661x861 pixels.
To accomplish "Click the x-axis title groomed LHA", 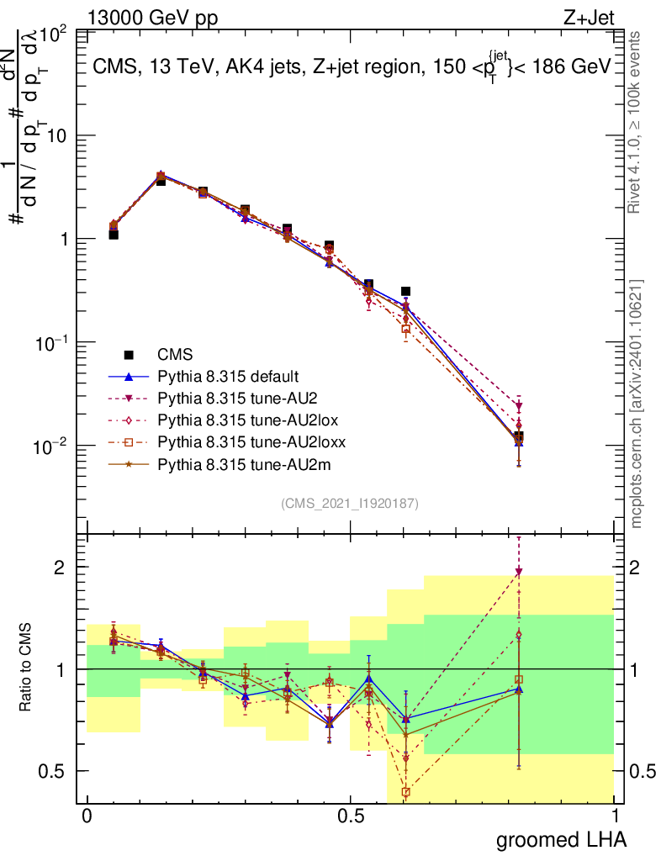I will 562,839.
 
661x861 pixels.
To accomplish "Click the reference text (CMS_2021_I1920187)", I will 350,503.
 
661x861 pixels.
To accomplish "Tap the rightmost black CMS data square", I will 519,437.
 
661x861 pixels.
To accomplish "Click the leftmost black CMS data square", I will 114,235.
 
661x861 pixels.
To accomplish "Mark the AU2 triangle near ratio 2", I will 519,572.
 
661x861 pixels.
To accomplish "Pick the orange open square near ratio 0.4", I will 405,792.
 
